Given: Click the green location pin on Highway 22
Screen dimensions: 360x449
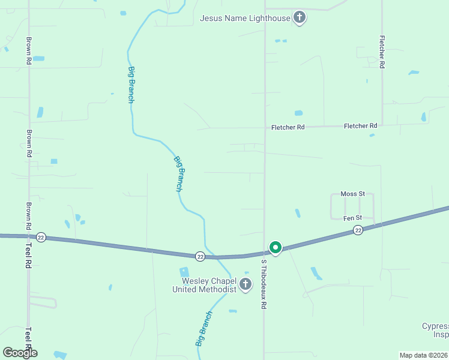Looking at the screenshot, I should coord(276,247).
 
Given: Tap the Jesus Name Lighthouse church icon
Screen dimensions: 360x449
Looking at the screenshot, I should coord(300,17).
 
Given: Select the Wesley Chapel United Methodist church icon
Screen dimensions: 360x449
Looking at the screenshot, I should coord(246,284).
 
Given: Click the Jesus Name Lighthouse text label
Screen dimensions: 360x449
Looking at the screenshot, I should coord(245,18).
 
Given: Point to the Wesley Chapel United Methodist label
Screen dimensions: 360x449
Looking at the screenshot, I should coord(204,285).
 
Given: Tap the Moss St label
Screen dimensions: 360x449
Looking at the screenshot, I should coord(352,194).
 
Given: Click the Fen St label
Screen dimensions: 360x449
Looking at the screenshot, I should coord(352,218).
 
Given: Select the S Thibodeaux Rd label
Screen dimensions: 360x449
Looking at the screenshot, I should coord(263,284).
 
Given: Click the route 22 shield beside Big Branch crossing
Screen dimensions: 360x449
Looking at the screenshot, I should coord(200,256).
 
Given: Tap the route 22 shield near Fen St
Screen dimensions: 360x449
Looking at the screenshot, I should coord(358,230).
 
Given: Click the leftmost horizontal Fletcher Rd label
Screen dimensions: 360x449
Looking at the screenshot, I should coord(288,127).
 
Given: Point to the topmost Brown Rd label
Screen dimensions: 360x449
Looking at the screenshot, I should coord(28,51).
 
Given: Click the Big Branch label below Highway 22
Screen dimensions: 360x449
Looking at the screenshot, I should coord(203,329).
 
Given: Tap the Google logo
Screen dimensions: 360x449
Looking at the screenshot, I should coord(20,353).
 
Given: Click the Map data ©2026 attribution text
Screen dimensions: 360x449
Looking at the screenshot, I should coord(424,355).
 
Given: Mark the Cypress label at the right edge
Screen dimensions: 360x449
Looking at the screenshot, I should coord(435,326).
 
